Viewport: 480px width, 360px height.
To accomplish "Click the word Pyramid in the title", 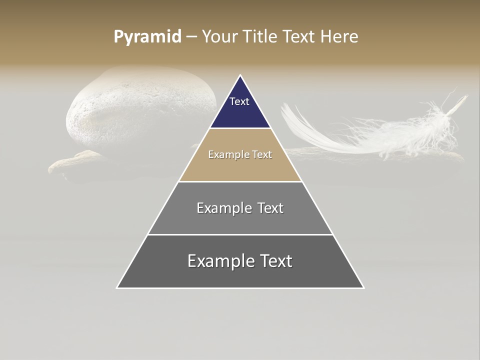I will click(147, 37).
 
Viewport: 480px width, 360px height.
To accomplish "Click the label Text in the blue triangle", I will click(239, 101).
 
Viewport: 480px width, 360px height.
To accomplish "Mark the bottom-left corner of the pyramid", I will click(117, 287).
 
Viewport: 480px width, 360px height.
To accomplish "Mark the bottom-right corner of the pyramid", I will click(363, 287).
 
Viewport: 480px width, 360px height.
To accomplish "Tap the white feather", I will click(380, 130).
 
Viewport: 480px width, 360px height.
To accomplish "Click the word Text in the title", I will click(299, 37).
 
